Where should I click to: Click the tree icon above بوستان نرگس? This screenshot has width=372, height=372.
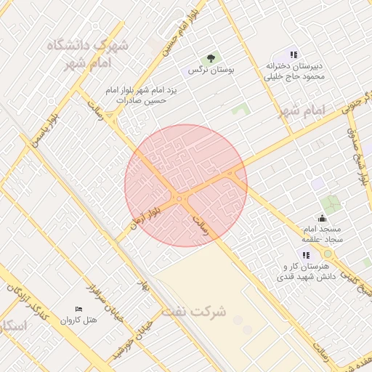coord(211,57)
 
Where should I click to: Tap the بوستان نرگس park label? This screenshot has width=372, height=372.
coord(204,70)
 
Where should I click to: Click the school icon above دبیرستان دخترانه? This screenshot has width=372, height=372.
coord(294,54)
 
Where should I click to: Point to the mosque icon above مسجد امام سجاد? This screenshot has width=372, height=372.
coord(323,218)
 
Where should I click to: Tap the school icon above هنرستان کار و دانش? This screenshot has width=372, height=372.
coord(307,255)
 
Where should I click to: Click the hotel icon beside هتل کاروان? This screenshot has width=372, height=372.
coord(79,310)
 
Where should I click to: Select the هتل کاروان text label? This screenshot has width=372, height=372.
coord(78,320)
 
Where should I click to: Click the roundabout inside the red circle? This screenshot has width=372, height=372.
coord(179,198)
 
